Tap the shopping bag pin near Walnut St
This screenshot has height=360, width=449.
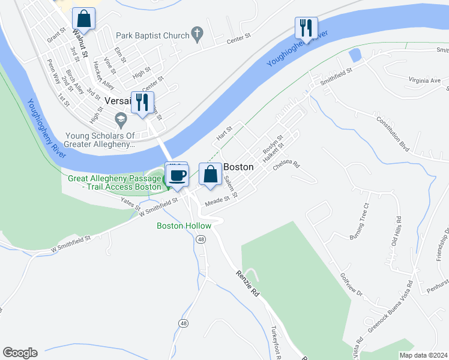83,19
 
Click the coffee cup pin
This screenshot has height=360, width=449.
177,175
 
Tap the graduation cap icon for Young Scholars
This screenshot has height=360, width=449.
121,118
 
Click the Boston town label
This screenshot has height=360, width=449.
238,167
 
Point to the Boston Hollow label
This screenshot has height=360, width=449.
184,226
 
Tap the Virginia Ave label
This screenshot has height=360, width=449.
424,80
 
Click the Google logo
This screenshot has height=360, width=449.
20,353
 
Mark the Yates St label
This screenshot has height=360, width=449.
130,203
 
